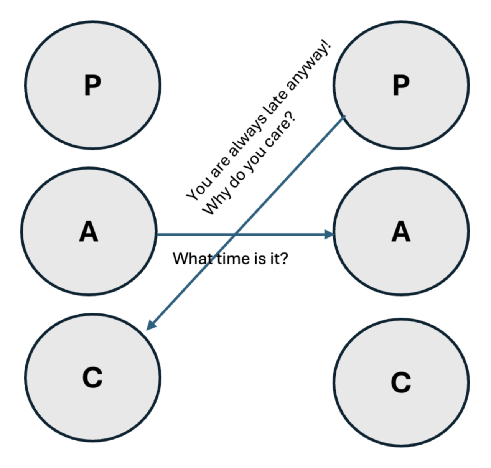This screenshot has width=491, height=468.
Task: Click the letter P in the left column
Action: tap(92, 85)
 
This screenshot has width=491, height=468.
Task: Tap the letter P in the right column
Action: tap(401, 85)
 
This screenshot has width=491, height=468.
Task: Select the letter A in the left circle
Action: tap(89, 232)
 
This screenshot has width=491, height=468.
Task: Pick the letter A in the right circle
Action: tap(401, 232)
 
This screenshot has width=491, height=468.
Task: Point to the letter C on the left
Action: tap(92, 377)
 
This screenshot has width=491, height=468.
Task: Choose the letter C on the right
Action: tap(401, 382)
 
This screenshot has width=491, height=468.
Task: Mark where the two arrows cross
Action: tap(236, 234)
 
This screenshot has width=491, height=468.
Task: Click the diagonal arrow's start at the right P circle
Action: tap(345, 117)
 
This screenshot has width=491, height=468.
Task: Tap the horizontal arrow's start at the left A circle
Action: tap(158, 234)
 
